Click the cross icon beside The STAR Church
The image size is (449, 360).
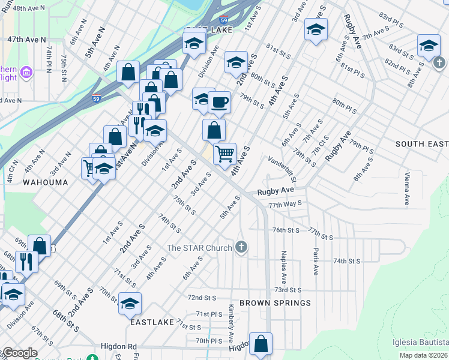241,247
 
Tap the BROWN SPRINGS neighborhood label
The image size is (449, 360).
275,303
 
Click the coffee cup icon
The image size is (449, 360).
220,101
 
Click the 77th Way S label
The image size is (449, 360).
285,205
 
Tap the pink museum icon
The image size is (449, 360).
26,73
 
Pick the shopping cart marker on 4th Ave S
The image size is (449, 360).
224,153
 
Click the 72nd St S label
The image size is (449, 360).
202,298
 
